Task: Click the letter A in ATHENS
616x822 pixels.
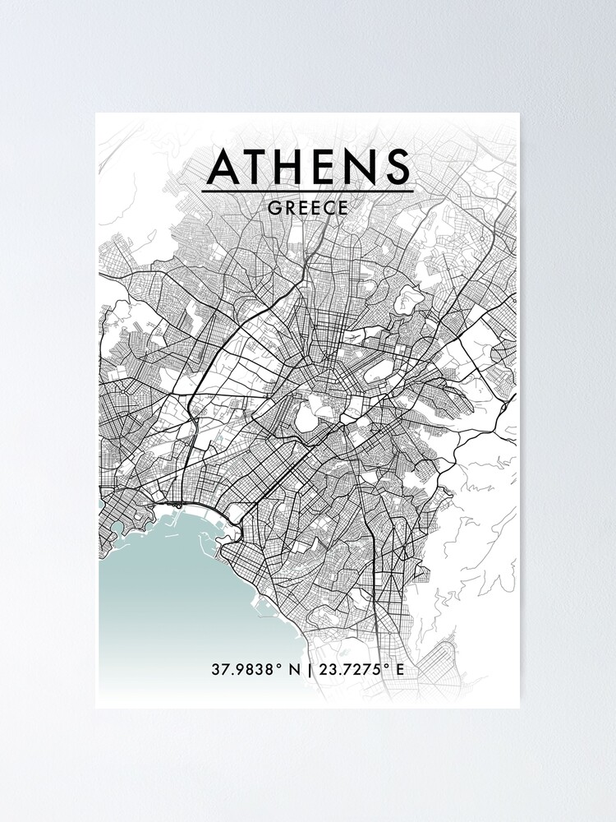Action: point(223,167)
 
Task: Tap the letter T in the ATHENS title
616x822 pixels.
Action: point(260,167)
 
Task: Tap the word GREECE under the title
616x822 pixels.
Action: point(308,208)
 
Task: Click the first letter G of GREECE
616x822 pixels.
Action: point(274,208)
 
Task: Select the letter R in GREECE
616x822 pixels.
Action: point(287,208)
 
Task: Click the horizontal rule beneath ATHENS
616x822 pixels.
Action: point(308,192)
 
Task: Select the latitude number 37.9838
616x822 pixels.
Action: point(241,669)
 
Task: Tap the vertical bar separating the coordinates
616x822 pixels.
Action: point(309,669)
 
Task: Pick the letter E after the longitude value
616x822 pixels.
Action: point(400,669)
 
